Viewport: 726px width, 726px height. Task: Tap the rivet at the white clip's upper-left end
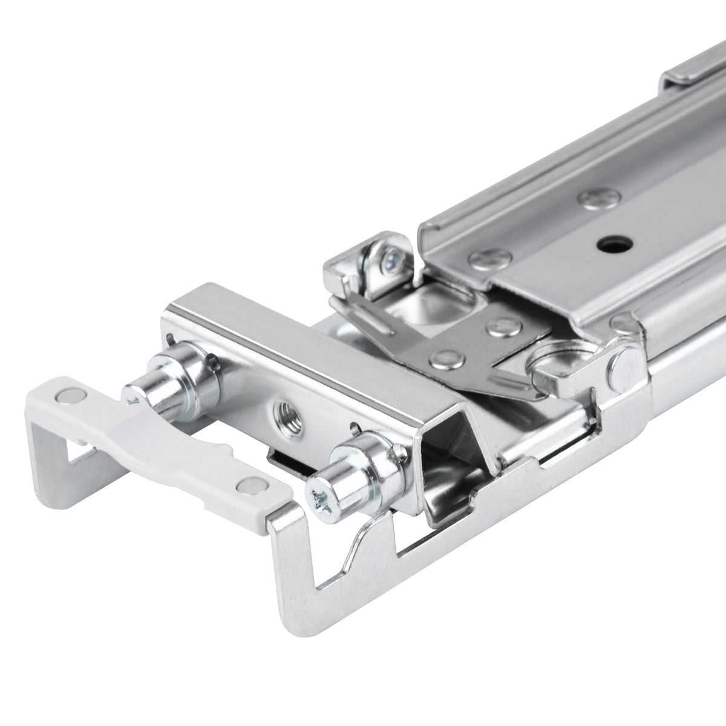(62, 395)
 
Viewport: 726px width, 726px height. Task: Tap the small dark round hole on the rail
(608, 244)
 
